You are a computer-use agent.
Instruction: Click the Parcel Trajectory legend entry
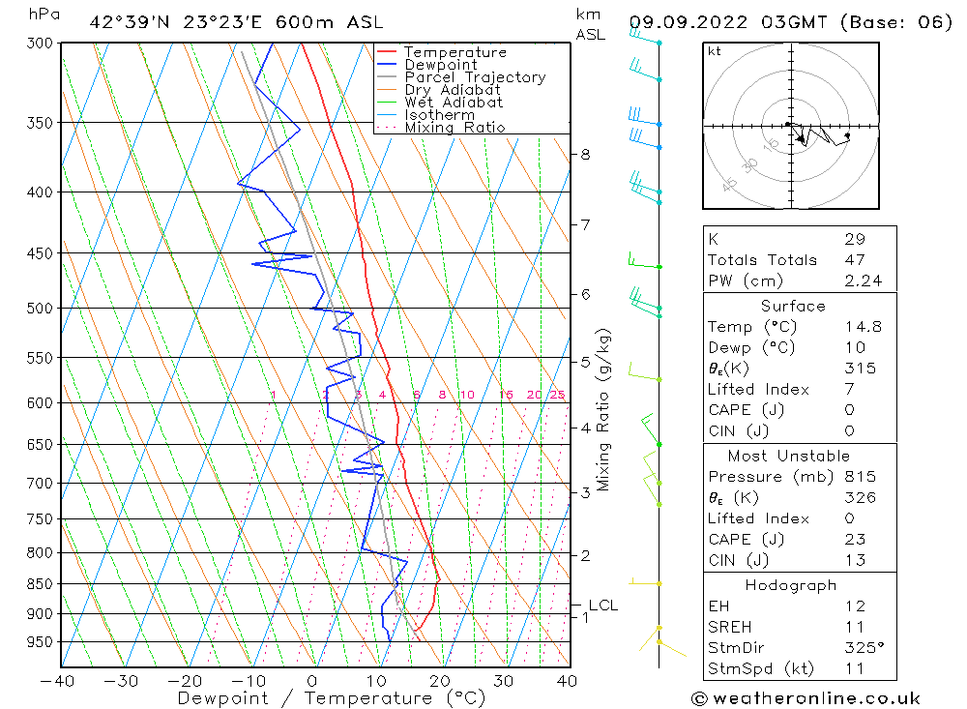point(475,77)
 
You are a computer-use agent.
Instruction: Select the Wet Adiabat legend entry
point(454,103)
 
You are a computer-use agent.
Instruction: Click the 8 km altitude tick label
point(585,154)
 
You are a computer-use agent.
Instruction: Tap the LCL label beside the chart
point(602,606)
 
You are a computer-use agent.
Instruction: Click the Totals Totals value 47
point(854,260)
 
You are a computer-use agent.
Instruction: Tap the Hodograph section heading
point(791,585)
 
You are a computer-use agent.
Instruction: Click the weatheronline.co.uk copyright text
point(806,698)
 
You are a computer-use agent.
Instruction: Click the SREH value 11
point(854,627)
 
